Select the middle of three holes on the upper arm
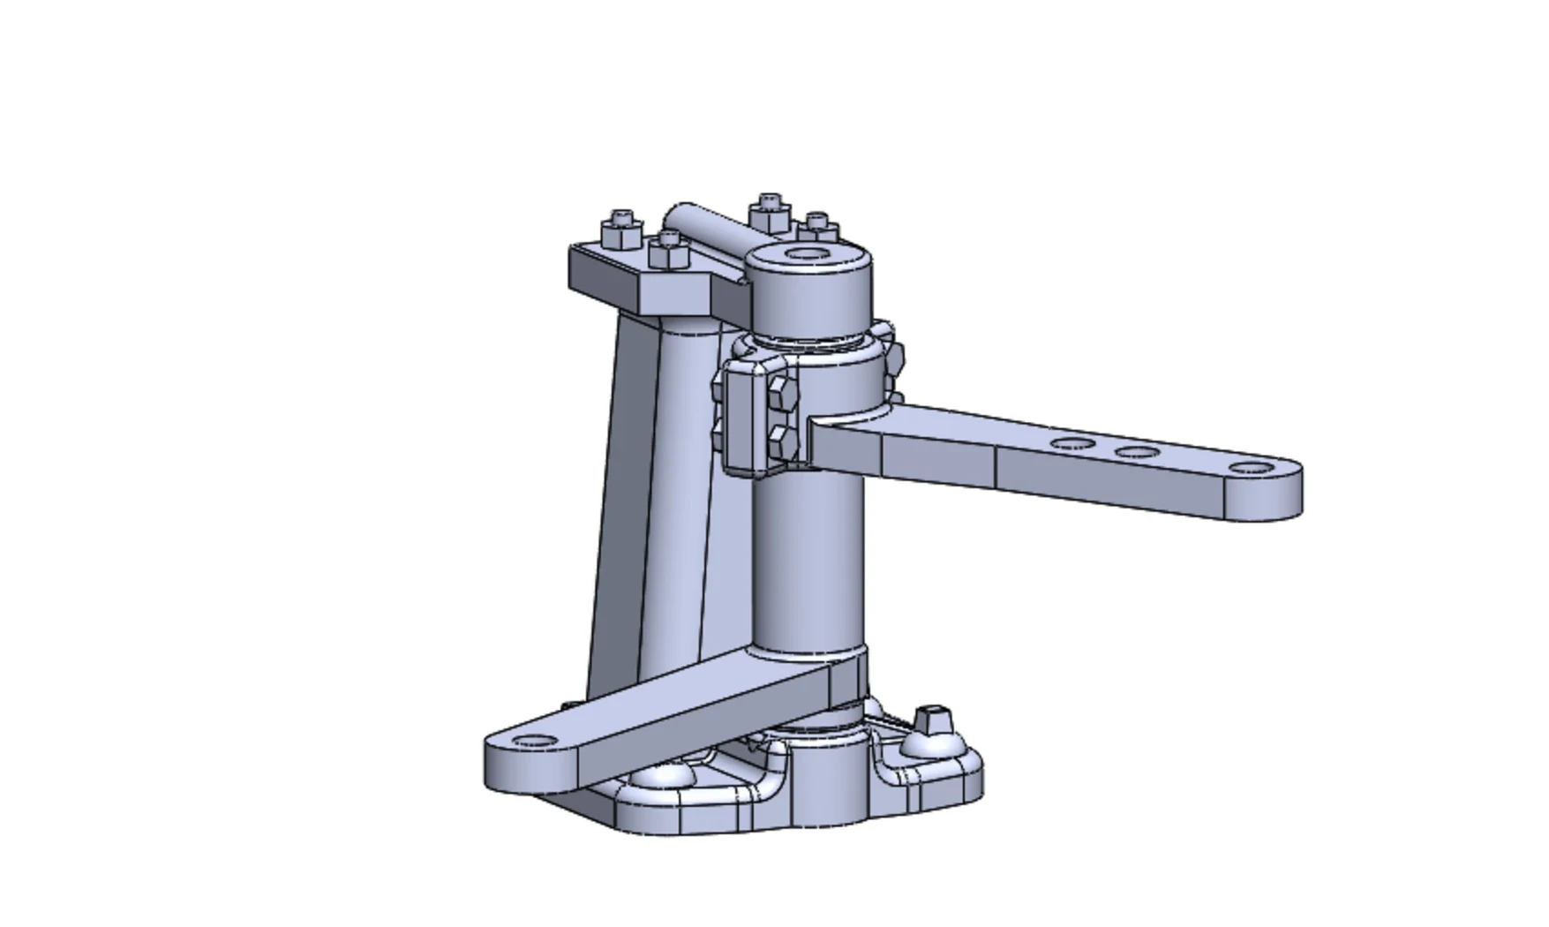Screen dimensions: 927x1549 (x=1137, y=453)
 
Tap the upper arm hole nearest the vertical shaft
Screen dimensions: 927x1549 (x=1072, y=444)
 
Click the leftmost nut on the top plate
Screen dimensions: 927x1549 (x=621, y=231)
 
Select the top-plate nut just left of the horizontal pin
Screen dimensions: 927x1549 (x=668, y=250)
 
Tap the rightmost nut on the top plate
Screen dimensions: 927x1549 (x=817, y=228)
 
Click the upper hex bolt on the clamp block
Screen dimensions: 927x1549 (x=782, y=394)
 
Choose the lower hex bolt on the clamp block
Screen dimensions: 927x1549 (x=782, y=439)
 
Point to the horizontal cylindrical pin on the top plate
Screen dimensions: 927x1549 (x=706, y=227)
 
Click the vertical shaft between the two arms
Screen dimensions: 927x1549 (x=808, y=565)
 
